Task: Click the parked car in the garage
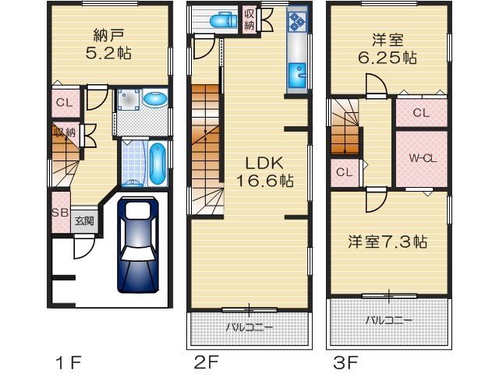[138, 245]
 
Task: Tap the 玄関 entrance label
[85, 221]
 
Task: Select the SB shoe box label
[60, 212]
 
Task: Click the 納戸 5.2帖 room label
[108, 44]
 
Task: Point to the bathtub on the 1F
[157, 163]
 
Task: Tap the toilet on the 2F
[224, 19]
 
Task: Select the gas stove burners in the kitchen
[298, 22]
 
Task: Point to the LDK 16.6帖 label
[264, 172]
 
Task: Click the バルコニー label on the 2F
[249, 327]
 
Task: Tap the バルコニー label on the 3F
[388, 320]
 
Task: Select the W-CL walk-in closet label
[423, 158]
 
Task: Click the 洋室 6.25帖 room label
[388, 49]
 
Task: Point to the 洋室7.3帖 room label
[388, 242]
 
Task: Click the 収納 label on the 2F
[249, 19]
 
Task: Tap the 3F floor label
[345, 362]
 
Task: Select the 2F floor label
[207, 362]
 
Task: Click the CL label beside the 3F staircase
[345, 172]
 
